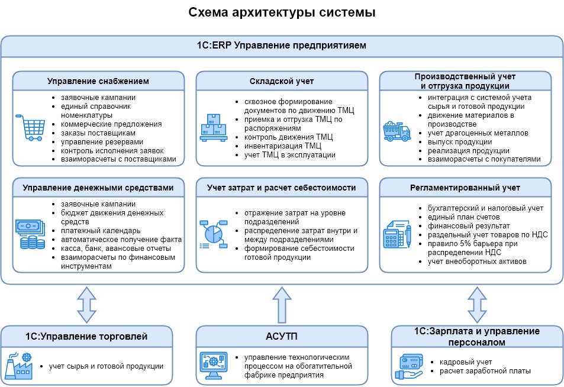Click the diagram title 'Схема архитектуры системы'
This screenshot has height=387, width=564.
(x=282, y=12)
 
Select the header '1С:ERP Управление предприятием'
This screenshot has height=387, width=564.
(x=282, y=46)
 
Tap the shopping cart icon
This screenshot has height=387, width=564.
(x=31, y=127)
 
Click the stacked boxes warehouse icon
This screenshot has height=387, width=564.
(x=213, y=127)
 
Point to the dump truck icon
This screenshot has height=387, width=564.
(x=397, y=131)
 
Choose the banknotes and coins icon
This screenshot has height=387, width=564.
(x=30, y=234)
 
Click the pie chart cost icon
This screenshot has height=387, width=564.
(x=213, y=234)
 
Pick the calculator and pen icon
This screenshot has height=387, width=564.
(x=397, y=234)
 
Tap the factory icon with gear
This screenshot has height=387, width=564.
(x=19, y=366)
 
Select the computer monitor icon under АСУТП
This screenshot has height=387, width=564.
(x=213, y=366)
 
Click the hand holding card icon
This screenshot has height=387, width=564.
(x=408, y=367)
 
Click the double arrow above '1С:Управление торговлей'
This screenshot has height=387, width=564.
(x=86, y=305)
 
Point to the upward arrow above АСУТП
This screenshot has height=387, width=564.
(x=282, y=305)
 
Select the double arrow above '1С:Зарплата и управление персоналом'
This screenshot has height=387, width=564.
(x=477, y=305)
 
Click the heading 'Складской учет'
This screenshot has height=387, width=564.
(x=282, y=81)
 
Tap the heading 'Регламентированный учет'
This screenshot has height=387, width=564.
(x=465, y=188)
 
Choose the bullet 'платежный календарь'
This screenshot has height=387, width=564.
(x=101, y=231)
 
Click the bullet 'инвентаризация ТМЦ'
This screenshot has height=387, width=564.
(x=283, y=146)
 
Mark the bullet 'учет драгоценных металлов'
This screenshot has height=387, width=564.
(x=478, y=133)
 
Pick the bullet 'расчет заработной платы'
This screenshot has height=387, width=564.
(x=485, y=371)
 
